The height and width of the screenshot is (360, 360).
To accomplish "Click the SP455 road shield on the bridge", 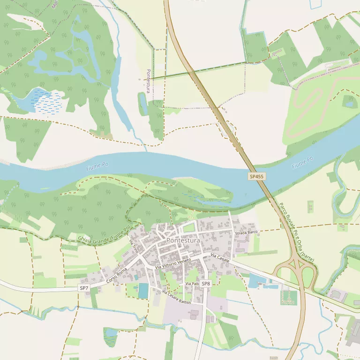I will pos(256,177).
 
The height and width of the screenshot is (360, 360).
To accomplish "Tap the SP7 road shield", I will pos(84,288).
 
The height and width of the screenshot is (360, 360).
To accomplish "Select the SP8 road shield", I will pos(206,284).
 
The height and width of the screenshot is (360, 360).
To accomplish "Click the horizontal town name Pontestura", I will pos(183,240).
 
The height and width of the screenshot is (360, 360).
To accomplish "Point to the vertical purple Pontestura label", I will pos(148,81).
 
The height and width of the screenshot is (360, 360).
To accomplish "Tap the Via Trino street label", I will pos(134,247).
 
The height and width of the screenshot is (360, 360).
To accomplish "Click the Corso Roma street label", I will pos(117,275).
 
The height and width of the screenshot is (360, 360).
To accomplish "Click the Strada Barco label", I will pos(247,232).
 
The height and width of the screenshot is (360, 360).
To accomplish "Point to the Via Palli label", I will pos(192,284).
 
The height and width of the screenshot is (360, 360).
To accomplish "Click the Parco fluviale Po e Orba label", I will pos(297,232).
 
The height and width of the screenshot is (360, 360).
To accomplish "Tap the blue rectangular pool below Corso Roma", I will pos(143,291).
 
